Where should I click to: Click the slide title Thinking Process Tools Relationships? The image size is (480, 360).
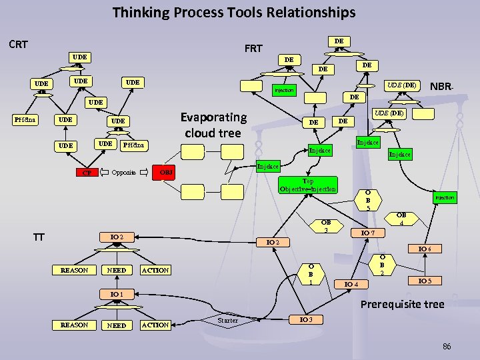[x=234, y=12]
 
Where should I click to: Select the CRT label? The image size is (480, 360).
[x=19, y=45]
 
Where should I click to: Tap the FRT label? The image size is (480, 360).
[x=253, y=48]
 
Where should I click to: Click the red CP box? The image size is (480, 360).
[x=86, y=173]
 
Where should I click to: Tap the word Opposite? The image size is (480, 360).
[x=124, y=172]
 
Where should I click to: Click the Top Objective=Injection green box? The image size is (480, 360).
[x=308, y=185]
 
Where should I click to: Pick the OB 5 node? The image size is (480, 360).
[x=368, y=199]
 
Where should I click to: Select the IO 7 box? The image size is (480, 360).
[x=368, y=233]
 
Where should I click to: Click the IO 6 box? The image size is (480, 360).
[x=425, y=249]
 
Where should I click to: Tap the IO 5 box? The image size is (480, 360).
[x=425, y=281]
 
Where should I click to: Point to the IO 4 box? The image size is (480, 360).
[x=351, y=285]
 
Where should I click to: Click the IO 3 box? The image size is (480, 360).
[x=306, y=319]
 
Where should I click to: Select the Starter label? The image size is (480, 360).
[x=228, y=321]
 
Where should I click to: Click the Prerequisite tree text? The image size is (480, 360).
[x=402, y=305]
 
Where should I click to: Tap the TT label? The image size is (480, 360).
[x=39, y=236]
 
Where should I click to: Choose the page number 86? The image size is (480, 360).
[x=446, y=347]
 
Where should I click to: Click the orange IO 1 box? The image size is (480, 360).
[x=117, y=293]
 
